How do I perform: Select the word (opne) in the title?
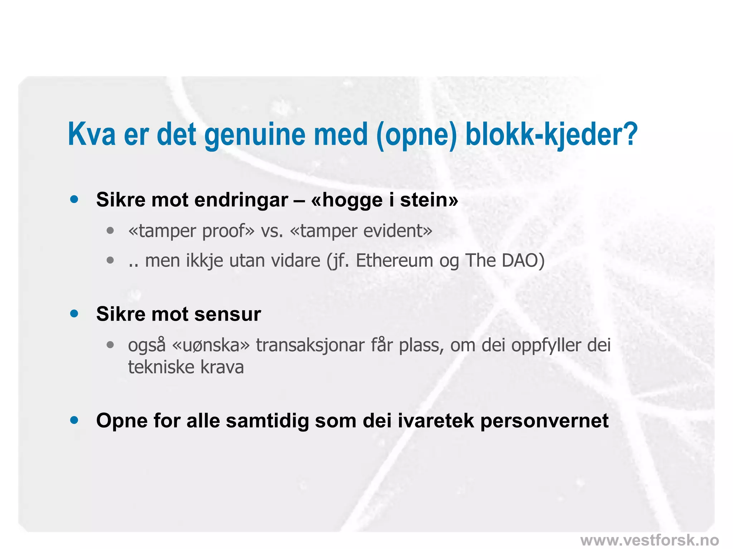(416, 135)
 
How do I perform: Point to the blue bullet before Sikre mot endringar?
(74, 199)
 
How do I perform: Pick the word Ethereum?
(394, 261)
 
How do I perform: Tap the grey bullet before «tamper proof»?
(110, 231)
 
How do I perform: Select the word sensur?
(228, 314)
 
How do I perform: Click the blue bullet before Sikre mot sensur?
(74, 314)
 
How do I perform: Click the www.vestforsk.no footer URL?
(649, 540)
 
